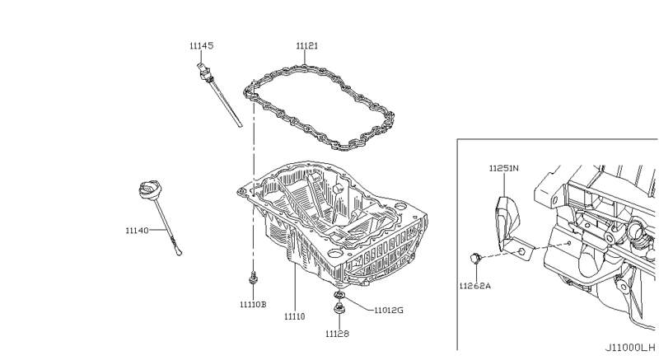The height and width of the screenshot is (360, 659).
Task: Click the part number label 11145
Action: [201, 46]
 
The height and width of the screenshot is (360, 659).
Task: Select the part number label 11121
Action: [308, 46]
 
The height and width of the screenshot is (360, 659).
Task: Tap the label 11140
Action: [137, 231]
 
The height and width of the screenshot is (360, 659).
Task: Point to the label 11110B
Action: [253, 304]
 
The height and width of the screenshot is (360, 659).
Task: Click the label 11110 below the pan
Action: [295, 316]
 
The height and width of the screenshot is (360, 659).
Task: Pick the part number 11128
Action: [336, 334]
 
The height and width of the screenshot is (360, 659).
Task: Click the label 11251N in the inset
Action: [503, 168]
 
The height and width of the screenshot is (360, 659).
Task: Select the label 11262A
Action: [475, 286]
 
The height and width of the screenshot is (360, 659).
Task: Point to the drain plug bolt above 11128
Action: [339, 311]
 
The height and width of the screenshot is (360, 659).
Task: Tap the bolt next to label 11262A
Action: [475, 259]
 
